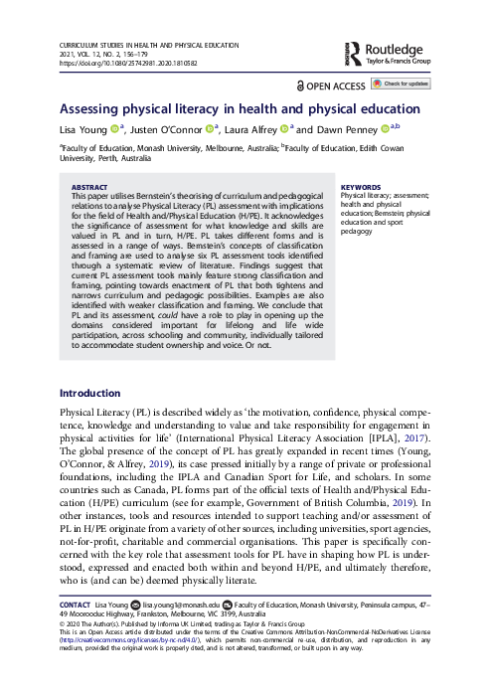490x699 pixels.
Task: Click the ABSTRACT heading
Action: [x=90, y=187]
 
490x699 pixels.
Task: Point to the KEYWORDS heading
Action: [x=360, y=187]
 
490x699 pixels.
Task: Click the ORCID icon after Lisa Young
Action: [x=115, y=129]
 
